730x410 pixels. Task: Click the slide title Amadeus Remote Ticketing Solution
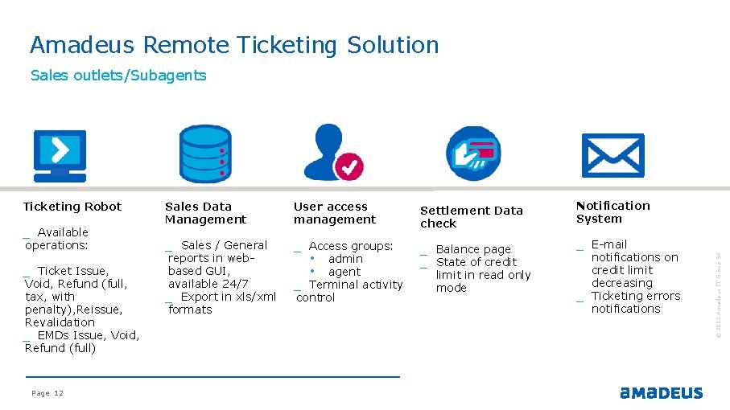pyautogui.click(x=234, y=45)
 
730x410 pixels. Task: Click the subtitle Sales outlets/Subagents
pyautogui.click(x=118, y=76)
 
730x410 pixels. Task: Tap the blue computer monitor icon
pyautogui.click(x=59, y=155)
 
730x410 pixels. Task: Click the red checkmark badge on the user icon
pyautogui.click(x=349, y=167)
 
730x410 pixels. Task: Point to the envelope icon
pyautogui.click(x=612, y=155)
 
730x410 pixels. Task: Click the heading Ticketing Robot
pyautogui.click(x=72, y=207)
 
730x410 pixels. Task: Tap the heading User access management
pyautogui.click(x=334, y=213)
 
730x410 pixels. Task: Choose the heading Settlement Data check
pyautogui.click(x=471, y=217)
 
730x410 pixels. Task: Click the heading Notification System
pyautogui.click(x=612, y=212)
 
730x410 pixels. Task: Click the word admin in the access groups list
pyautogui.click(x=345, y=259)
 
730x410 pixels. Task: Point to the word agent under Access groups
pyautogui.click(x=344, y=272)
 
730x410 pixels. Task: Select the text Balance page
pyautogui.click(x=473, y=249)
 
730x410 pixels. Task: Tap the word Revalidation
pyautogui.click(x=60, y=322)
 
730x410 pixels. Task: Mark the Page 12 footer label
pyautogui.click(x=47, y=393)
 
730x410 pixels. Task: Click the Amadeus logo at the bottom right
pyautogui.click(x=661, y=393)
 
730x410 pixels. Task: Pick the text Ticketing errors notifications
pyautogui.click(x=635, y=302)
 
